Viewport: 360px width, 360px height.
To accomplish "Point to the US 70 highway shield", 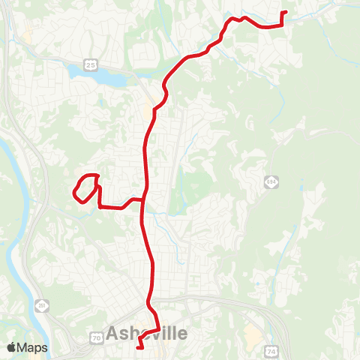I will click(97, 339).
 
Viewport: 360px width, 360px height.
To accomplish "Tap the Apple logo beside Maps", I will click(11, 347).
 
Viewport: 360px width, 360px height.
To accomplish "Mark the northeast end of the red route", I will click(286, 12).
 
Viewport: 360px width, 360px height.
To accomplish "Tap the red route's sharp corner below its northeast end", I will click(281, 25).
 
